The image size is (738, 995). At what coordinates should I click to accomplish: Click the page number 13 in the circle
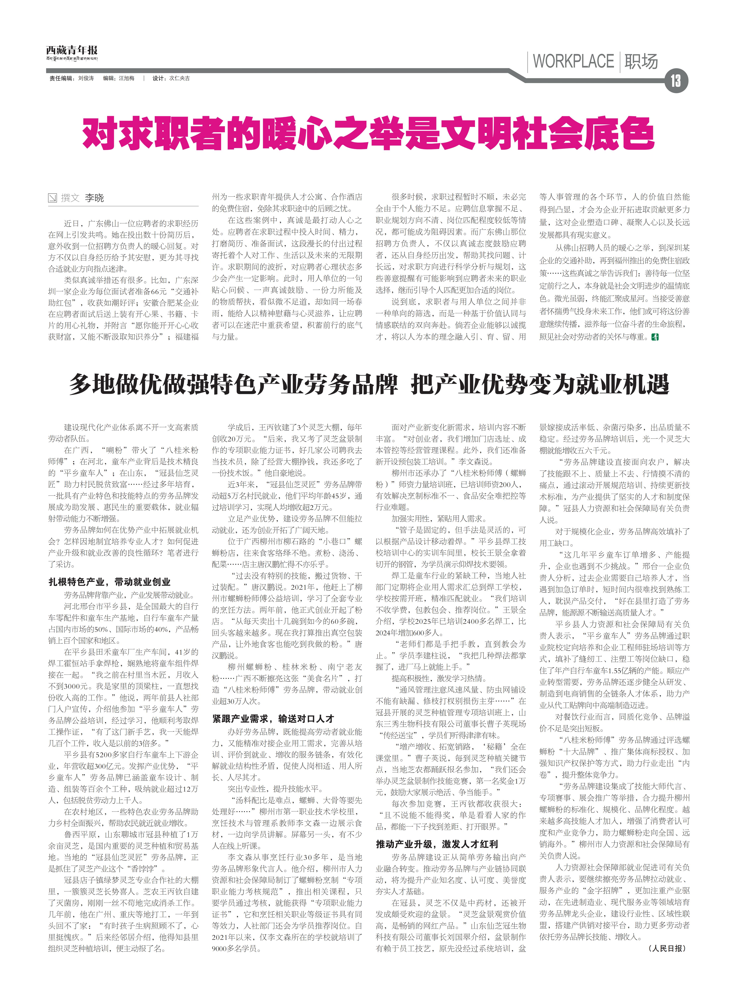tap(675, 81)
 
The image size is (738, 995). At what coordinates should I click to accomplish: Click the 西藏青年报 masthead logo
tap(71, 50)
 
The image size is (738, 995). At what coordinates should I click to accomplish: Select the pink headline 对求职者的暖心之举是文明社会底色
tap(368, 133)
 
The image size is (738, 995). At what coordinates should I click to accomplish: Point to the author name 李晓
tap(94, 198)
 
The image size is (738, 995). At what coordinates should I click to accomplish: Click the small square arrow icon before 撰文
tap(53, 198)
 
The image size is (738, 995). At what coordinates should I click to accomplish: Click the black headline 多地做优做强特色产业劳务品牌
tap(233, 384)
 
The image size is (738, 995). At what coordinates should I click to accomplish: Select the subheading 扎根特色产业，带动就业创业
tap(109, 582)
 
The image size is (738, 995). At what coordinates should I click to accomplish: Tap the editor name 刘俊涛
tap(86, 78)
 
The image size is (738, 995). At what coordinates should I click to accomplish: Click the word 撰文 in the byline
tap(70, 198)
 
